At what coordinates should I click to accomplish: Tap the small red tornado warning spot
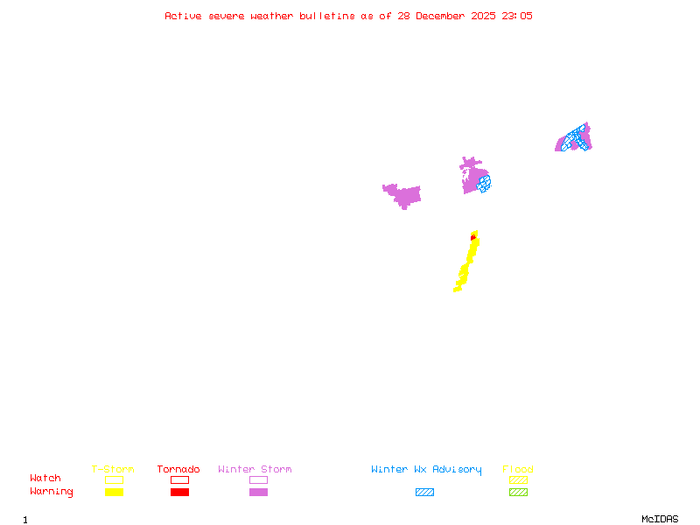click(x=473, y=236)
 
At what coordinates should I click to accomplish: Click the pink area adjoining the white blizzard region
click(x=407, y=194)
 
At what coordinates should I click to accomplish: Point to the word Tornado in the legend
click(x=178, y=470)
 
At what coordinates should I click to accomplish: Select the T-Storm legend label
click(x=113, y=470)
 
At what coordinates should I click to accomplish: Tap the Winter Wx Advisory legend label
click(x=426, y=470)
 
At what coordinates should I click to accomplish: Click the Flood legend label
click(x=518, y=470)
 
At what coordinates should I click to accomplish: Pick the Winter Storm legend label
click(x=255, y=470)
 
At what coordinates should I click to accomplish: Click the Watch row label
click(x=45, y=479)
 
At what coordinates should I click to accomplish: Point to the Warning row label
click(x=52, y=492)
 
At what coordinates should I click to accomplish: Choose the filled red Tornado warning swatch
click(x=179, y=492)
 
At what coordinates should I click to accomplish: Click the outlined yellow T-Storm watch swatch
click(x=114, y=479)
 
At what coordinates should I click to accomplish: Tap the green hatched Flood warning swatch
click(x=518, y=492)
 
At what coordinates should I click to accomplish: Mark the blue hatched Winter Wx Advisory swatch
click(x=424, y=492)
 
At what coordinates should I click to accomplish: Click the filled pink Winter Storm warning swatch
click(x=258, y=492)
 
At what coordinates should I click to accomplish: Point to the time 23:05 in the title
click(x=515, y=16)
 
